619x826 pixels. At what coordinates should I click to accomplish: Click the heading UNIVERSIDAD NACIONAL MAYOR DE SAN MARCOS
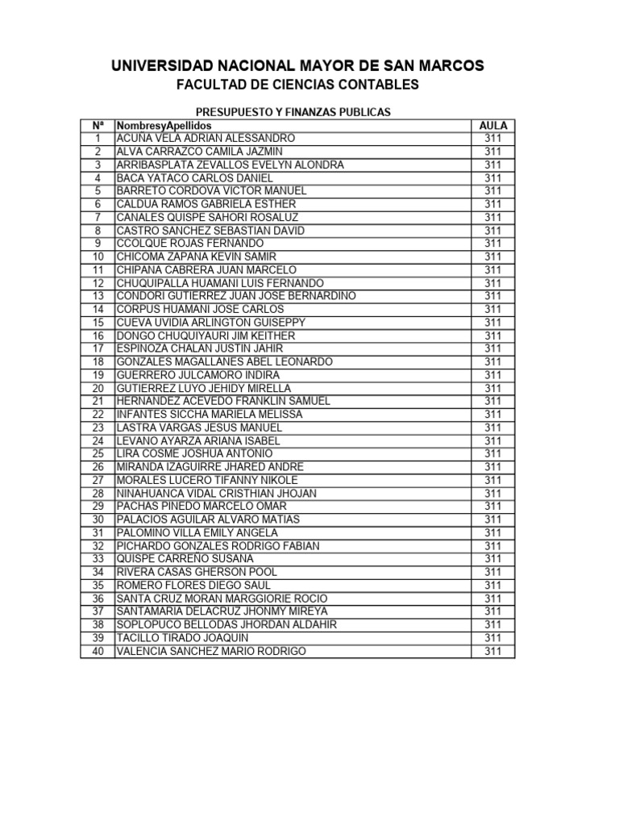coord(297,66)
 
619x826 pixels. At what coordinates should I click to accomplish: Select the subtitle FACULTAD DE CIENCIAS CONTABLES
coord(297,85)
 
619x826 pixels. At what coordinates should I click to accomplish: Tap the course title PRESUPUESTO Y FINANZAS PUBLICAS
coord(294,112)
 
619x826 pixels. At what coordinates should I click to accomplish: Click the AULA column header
coord(492,126)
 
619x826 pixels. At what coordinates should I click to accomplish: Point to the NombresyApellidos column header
coord(164,126)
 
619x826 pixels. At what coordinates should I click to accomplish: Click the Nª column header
coord(98,126)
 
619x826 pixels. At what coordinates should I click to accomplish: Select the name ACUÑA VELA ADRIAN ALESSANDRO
coord(206,139)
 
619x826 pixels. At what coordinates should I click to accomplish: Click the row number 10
coord(98,257)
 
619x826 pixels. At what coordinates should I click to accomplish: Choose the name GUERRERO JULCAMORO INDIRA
coord(198,375)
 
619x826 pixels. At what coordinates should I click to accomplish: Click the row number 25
coord(98,453)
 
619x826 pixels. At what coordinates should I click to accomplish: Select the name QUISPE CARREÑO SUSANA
coord(185,558)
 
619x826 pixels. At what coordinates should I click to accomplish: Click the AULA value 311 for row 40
coord(492,651)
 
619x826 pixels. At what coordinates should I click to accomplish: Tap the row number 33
coord(98,558)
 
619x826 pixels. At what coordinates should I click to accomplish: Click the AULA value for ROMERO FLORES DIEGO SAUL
coord(492,585)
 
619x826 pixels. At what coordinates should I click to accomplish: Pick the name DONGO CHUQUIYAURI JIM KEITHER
coord(206,336)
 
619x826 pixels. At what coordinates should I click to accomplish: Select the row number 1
coord(98,139)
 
